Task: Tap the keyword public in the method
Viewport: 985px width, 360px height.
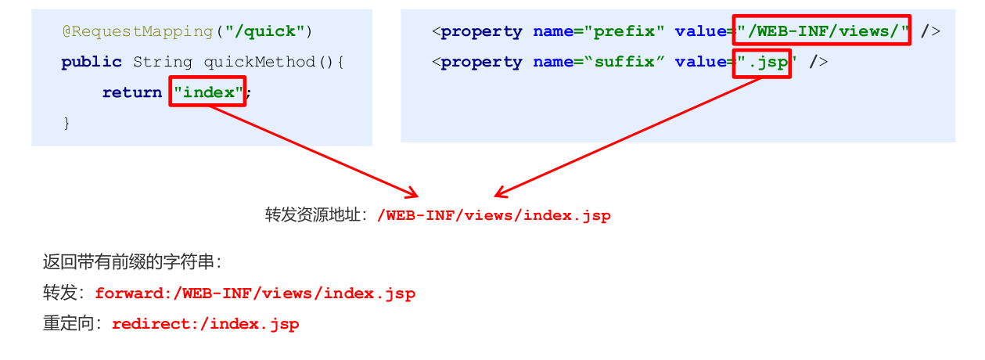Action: (x=92, y=62)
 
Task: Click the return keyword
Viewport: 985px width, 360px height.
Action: (x=131, y=92)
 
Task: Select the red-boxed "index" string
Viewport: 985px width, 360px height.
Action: (x=208, y=92)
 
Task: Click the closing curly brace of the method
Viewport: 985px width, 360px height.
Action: (x=67, y=122)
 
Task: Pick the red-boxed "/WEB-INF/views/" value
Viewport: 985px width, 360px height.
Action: (x=822, y=31)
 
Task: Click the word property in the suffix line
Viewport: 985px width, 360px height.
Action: (x=481, y=62)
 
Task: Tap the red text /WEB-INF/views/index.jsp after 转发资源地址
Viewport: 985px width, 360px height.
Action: (x=494, y=215)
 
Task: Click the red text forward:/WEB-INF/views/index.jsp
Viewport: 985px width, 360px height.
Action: (x=255, y=293)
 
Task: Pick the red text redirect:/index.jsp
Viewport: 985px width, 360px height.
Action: (x=205, y=323)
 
